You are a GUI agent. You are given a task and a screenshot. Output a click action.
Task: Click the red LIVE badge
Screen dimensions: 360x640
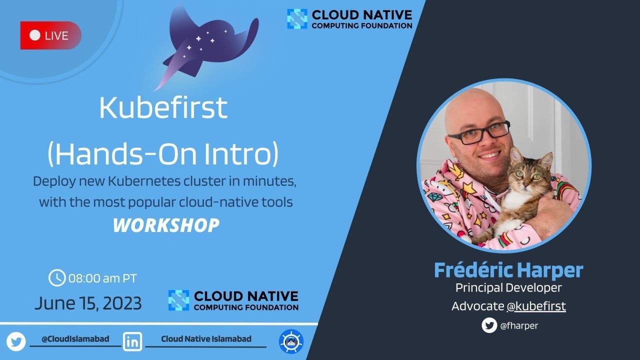coord(50,35)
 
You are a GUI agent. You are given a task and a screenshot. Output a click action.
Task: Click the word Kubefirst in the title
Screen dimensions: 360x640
coord(163,107)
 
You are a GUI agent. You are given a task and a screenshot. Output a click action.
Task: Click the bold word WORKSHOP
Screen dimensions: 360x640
coord(165,225)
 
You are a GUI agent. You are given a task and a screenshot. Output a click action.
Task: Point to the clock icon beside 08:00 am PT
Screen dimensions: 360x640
coord(57,277)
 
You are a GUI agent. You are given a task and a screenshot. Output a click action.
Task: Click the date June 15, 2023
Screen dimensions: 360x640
coord(88,303)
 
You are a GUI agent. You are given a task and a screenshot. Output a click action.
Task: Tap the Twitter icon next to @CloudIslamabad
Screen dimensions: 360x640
coord(16,342)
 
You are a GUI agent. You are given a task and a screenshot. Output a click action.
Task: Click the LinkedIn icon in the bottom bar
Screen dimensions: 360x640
coord(132,342)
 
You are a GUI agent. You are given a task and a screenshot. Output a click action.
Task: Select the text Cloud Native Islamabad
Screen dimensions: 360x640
coord(206,339)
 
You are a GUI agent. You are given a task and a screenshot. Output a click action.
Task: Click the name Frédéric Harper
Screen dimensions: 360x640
coord(508,270)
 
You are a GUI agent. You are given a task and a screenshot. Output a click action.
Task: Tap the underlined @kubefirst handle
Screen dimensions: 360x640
coord(536,306)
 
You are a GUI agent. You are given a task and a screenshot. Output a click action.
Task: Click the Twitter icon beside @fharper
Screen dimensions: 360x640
coord(489,325)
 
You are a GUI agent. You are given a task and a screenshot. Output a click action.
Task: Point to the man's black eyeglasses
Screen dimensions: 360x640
coord(478,133)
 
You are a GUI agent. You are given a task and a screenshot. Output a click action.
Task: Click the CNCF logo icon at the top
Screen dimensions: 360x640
coord(297,19)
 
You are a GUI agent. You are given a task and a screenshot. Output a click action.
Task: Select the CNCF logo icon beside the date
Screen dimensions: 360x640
coord(178,300)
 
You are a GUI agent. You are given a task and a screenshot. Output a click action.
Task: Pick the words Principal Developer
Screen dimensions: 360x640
coord(508,288)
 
